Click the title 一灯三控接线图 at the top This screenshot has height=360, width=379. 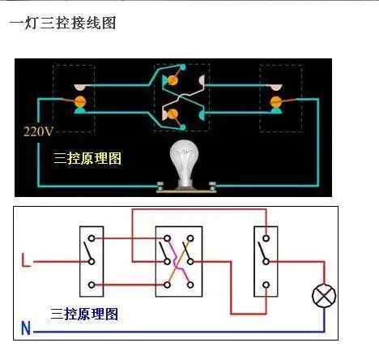click(62, 23)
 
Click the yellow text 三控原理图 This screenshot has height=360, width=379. click(87, 157)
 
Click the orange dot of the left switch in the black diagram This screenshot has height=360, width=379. click(80, 101)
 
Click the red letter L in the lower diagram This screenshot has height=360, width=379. click(26, 261)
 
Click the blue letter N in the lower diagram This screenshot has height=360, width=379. click(26, 329)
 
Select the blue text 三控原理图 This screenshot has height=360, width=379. click(84, 313)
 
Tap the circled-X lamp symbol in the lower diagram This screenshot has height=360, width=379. click(325, 296)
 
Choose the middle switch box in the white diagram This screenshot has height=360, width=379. click(178, 261)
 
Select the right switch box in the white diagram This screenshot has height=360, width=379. click(263, 259)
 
